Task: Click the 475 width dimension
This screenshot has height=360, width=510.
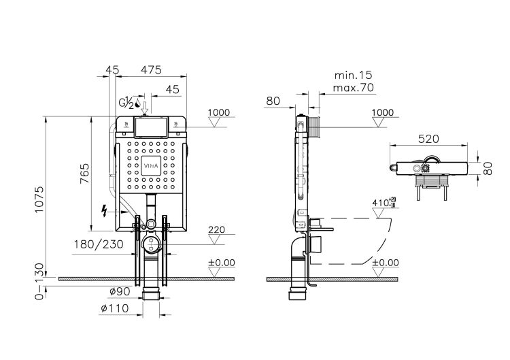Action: click(151, 69)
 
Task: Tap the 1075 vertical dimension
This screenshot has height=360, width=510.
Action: click(39, 200)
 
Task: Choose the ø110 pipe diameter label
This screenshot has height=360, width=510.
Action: click(115, 308)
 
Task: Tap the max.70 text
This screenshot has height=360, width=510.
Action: click(354, 88)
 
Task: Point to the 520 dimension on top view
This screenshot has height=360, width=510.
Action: click(428, 138)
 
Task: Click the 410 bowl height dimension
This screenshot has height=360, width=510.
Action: click(382, 203)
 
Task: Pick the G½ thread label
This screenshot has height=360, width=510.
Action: click(127, 104)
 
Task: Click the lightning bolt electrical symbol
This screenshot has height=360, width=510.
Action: click(104, 210)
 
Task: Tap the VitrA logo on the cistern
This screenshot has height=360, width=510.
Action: click(151, 165)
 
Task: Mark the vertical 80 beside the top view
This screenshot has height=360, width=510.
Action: click(488, 167)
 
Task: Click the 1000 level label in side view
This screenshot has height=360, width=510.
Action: click(384, 112)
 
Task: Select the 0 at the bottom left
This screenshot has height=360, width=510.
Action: click(39, 295)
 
